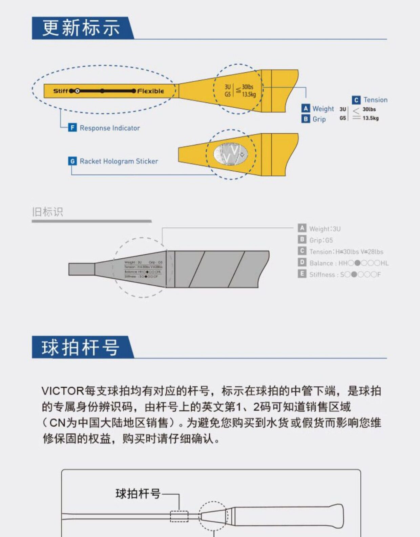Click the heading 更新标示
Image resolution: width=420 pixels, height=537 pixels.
81,28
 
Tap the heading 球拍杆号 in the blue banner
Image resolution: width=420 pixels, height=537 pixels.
81,347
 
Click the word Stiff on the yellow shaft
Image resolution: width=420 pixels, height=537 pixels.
61,91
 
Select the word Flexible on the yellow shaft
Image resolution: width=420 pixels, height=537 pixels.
151,91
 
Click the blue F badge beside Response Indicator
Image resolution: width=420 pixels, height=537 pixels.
72,128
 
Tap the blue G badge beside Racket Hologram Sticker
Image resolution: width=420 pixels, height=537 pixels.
72,161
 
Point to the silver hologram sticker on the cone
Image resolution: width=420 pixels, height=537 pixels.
231,154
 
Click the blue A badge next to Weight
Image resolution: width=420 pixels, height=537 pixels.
306,108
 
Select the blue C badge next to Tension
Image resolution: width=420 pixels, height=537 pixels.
356,100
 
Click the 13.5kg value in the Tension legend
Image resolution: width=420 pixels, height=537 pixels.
371,118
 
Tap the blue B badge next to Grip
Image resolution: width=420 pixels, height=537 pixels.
306,119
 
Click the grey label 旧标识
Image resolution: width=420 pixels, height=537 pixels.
47,212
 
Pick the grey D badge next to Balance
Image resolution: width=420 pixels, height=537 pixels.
302,262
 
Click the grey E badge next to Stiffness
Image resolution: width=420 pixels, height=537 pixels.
302,274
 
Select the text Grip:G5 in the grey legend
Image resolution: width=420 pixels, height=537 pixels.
321,240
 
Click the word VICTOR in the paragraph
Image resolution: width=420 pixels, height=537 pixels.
62,391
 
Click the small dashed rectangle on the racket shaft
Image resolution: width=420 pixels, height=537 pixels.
179,516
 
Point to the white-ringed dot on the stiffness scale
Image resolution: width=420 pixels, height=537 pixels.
77,91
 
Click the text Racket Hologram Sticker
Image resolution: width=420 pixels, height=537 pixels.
119,161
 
